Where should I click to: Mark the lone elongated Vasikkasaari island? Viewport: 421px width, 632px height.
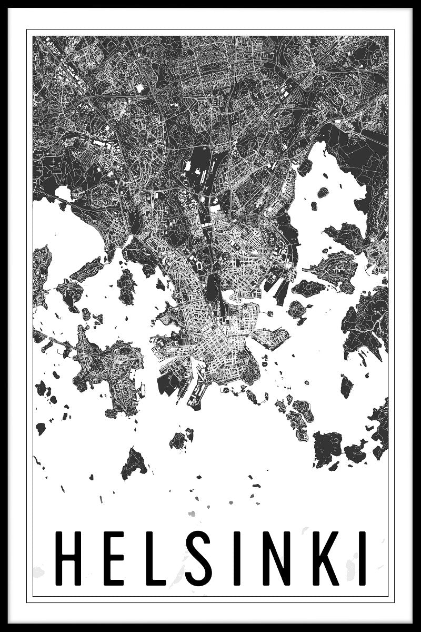click(347, 386)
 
